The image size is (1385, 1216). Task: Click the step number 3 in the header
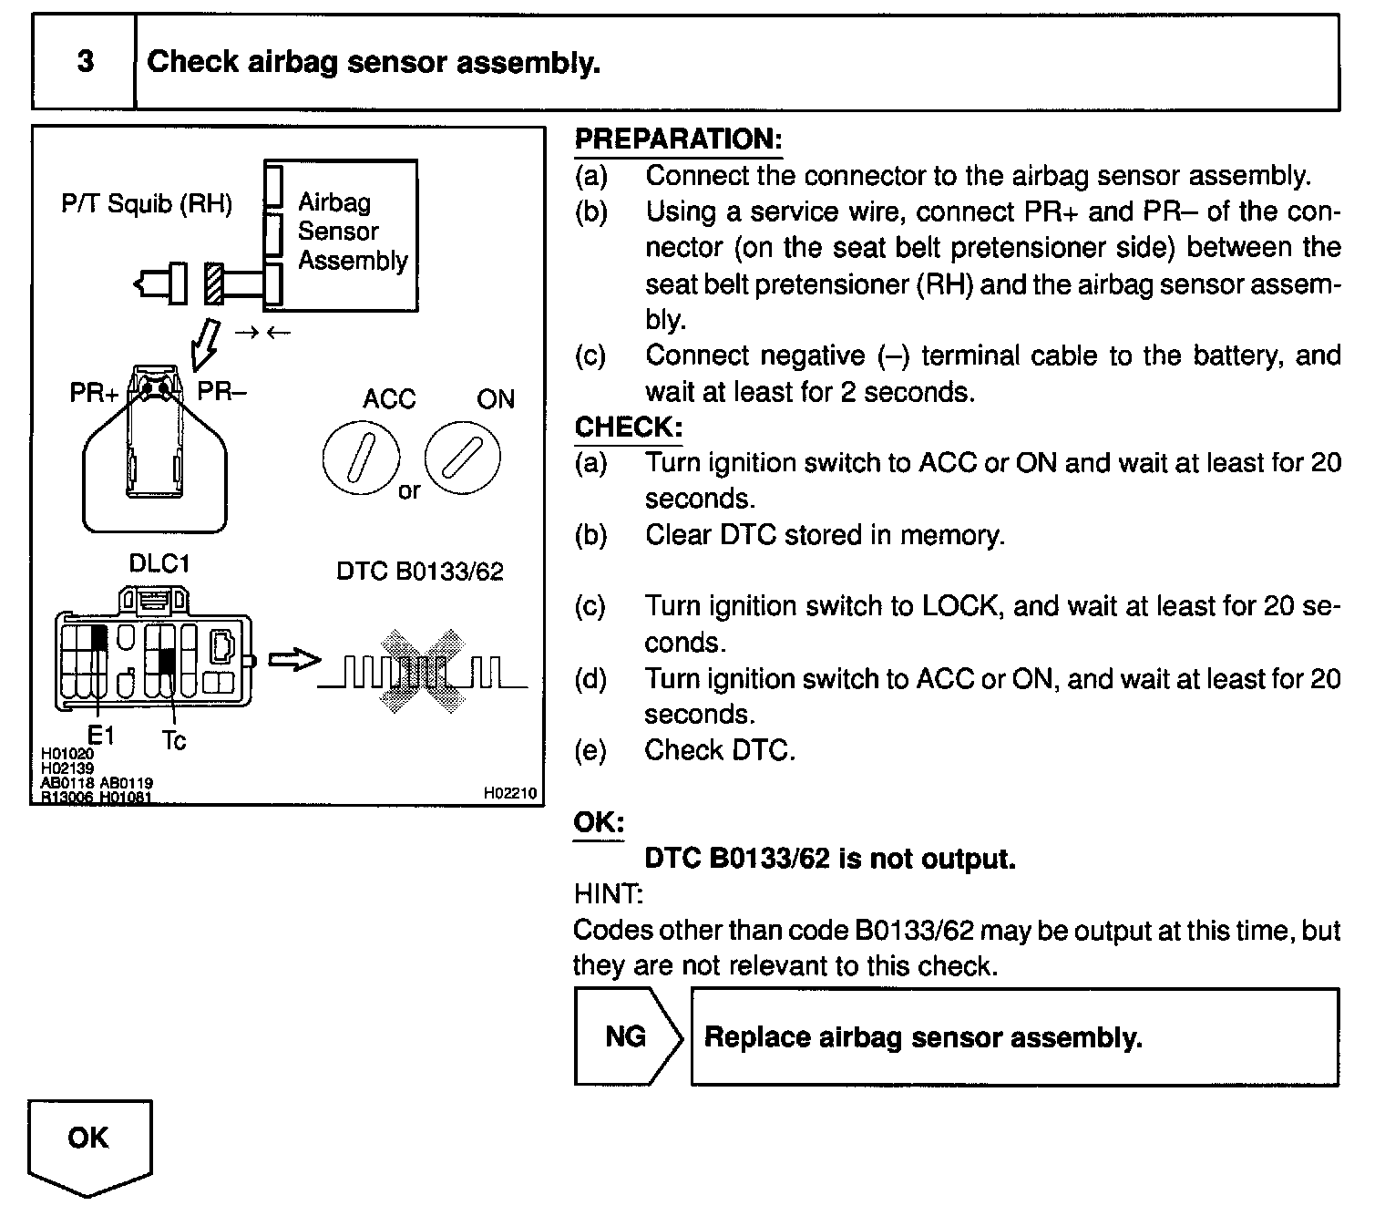(x=85, y=62)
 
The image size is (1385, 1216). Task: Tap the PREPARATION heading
(x=678, y=139)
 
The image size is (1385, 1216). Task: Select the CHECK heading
(x=628, y=427)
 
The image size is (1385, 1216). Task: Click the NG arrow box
(x=627, y=1036)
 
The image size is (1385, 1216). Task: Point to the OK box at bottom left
(x=88, y=1139)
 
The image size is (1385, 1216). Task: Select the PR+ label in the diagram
(x=94, y=393)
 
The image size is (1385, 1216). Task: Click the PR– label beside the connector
(x=222, y=392)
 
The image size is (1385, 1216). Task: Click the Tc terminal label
(x=173, y=741)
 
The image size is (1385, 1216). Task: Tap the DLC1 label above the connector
(x=159, y=563)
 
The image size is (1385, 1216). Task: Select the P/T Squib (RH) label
(x=147, y=203)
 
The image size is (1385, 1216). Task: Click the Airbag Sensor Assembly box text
(x=352, y=232)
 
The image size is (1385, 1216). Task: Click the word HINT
(x=608, y=894)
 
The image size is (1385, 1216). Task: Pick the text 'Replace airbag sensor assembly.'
(x=923, y=1037)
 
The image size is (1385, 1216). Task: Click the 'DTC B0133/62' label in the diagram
(x=419, y=572)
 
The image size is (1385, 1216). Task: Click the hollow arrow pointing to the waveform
(x=295, y=660)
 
